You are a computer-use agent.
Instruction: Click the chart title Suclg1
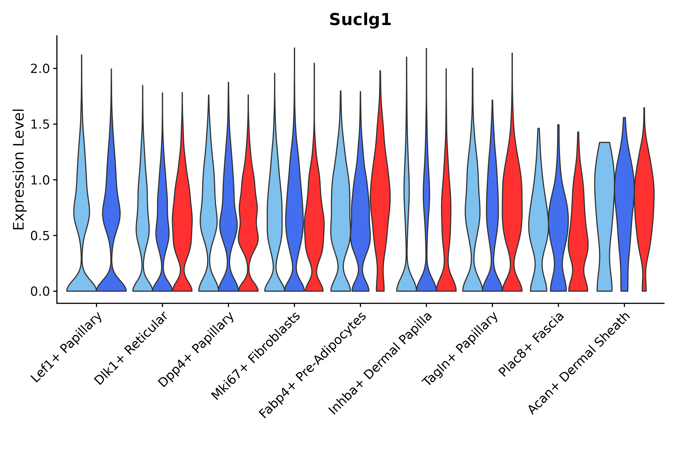360,20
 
